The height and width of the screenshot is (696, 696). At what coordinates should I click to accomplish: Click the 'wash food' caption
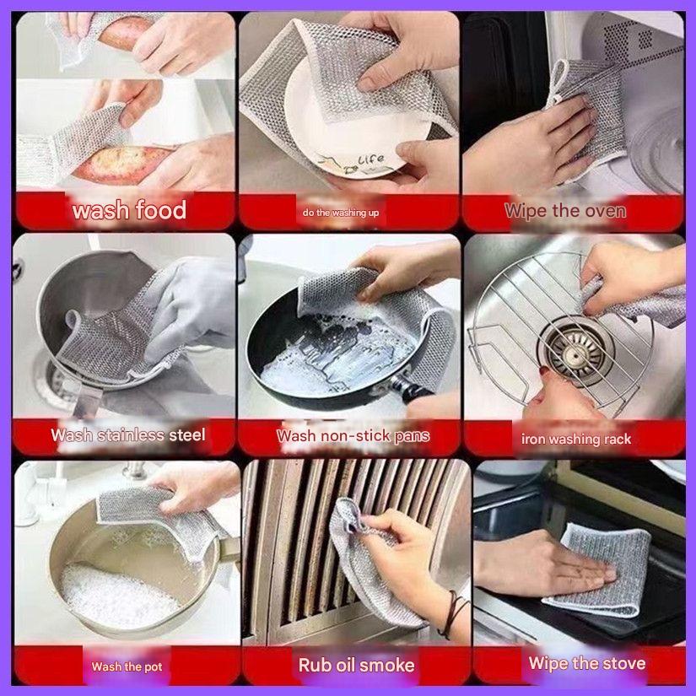point(129,209)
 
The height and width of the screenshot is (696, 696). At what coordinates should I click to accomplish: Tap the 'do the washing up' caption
point(341,213)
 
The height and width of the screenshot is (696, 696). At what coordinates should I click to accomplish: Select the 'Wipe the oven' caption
point(565,211)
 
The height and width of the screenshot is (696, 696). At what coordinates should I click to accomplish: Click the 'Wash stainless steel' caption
point(128,435)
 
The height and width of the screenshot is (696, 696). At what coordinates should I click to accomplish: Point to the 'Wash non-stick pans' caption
point(353,436)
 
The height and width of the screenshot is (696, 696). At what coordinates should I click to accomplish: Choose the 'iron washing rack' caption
point(576,439)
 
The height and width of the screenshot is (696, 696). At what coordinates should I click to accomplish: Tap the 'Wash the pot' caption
point(127,666)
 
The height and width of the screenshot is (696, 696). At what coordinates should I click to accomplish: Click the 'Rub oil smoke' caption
point(356,665)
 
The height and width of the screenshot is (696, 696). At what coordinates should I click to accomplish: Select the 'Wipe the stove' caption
point(586,663)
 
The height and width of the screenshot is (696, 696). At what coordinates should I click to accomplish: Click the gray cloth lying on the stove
point(597,568)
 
